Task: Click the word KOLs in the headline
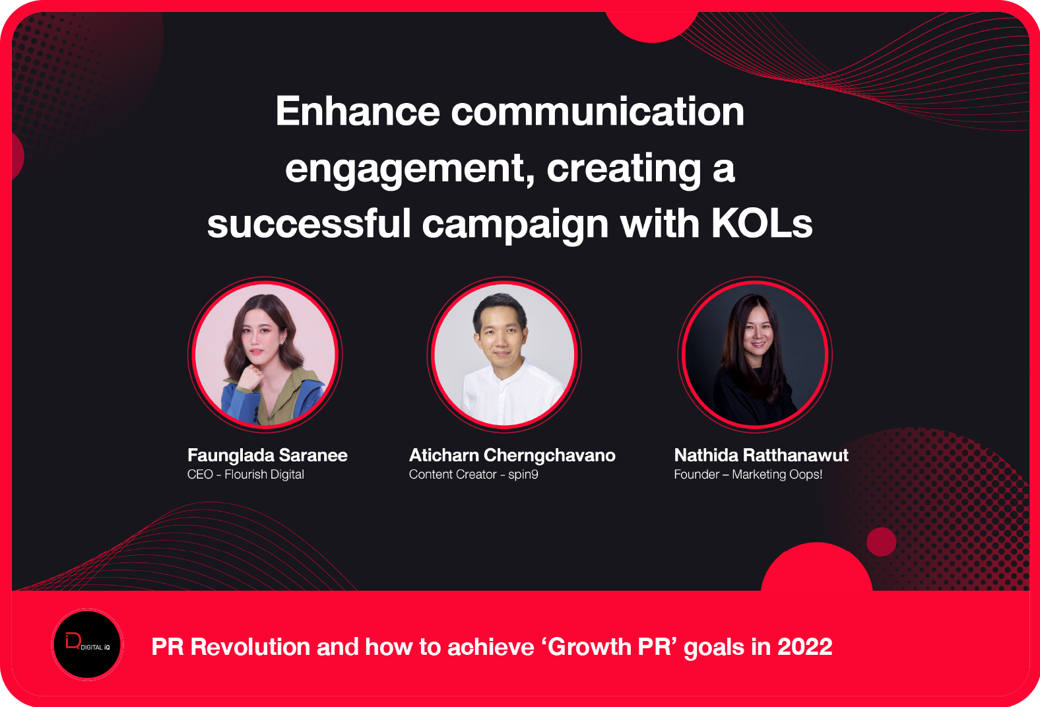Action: tap(762, 224)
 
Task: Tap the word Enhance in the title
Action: tap(358, 111)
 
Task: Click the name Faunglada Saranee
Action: tap(267, 455)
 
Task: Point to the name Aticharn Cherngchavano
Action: tap(512, 456)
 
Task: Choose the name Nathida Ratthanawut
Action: tap(761, 455)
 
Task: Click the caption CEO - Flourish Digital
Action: tap(245, 475)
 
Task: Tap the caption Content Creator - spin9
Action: tap(474, 475)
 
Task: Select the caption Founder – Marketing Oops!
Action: tap(748, 475)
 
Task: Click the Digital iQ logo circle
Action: tap(87, 645)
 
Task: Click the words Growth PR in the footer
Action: tap(610, 647)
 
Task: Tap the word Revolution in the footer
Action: tap(250, 647)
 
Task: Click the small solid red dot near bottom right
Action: tap(881, 541)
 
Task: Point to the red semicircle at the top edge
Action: tap(652, 26)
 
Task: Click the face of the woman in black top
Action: tap(757, 335)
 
